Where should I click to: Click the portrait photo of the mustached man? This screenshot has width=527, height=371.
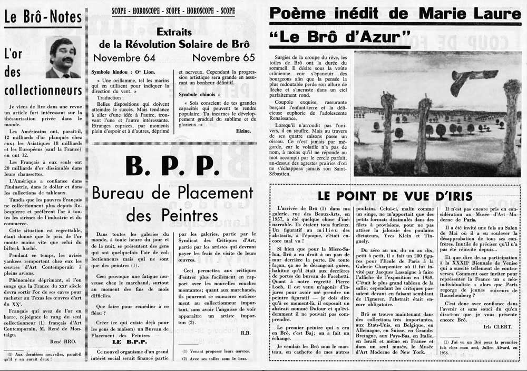[x=63, y=57]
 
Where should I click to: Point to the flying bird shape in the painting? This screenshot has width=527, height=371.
[x=473, y=77]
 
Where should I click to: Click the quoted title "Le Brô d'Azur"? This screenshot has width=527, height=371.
[x=340, y=37]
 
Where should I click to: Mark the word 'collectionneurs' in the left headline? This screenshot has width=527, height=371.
[x=43, y=90]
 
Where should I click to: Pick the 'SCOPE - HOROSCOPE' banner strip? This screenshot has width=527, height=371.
[x=173, y=11]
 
